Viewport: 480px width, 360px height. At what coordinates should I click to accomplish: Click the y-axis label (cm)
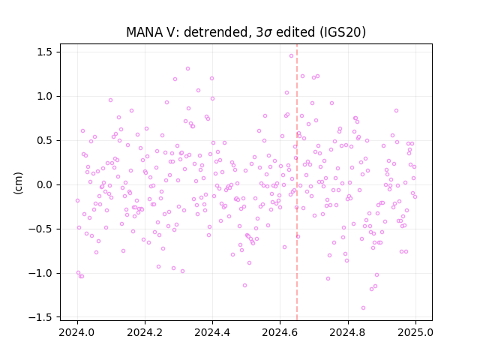coord(18,183)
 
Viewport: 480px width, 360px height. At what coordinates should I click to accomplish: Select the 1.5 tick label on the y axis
coord(45,52)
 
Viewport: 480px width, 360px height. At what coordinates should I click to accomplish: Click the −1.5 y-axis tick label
coord(41,317)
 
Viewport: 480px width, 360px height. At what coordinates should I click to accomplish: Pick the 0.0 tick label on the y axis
coord(45,185)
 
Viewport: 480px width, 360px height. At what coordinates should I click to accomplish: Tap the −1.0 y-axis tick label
coord(41,273)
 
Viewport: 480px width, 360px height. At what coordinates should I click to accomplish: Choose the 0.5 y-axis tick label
coord(45,141)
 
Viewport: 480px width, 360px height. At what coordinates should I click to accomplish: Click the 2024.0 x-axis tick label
coord(77,332)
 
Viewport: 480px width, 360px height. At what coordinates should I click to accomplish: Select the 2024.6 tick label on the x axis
coord(280,332)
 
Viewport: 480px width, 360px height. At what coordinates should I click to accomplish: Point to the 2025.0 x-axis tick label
coord(415,332)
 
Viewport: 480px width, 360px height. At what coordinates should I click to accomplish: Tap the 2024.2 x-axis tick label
coord(145,332)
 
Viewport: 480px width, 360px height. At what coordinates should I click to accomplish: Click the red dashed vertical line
coord(297,182)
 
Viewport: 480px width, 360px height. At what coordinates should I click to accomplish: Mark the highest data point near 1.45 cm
coord(292,55)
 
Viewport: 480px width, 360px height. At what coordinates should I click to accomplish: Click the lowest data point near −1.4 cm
coord(363,308)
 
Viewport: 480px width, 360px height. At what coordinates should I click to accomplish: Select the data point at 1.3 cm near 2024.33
coord(188,68)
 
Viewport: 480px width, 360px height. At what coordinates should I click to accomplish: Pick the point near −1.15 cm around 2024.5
coord(245,285)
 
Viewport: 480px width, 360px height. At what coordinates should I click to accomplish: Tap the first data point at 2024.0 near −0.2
coord(77,201)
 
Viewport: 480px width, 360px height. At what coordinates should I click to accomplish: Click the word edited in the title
coord(295,32)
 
